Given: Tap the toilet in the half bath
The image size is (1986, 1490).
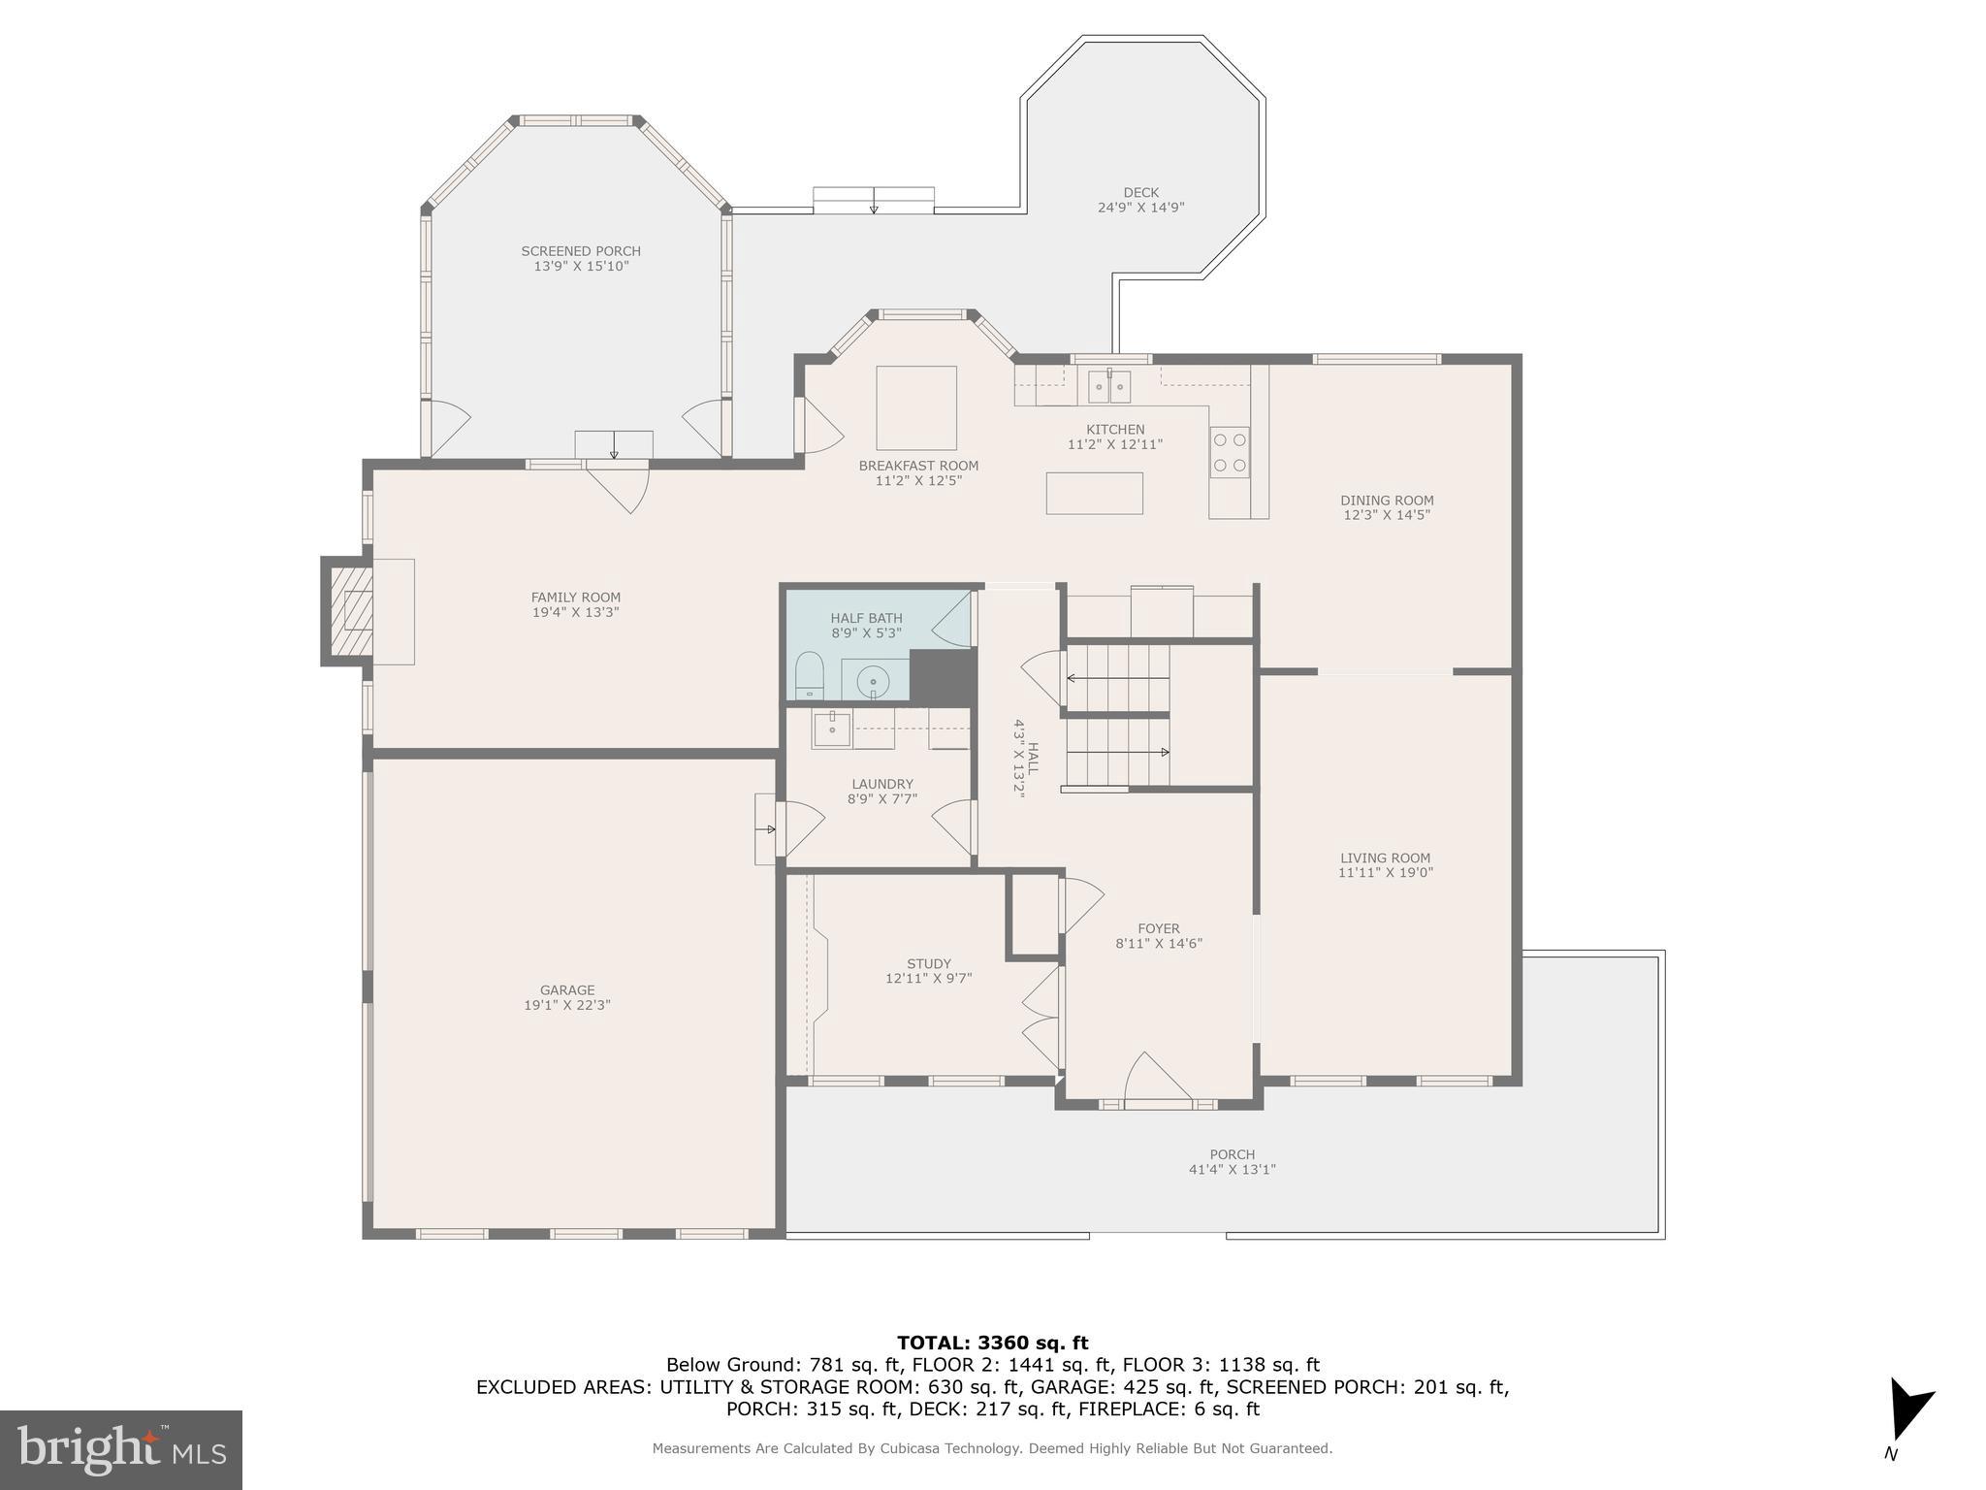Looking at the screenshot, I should coord(809,675).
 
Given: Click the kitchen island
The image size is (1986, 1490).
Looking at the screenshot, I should coord(1094,493).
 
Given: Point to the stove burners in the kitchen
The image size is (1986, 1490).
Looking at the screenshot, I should coord(1230,452).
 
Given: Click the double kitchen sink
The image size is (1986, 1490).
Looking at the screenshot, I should coord(1108,387).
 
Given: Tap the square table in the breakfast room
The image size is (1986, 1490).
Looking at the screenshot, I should coord(916,407).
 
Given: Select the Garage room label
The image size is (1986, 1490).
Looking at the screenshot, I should coord(567,990).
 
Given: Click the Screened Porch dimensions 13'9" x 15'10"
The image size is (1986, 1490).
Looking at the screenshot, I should coord(581,266).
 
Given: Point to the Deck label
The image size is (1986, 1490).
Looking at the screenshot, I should coord(1140,193).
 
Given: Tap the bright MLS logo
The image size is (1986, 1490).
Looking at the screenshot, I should coord(121,1450).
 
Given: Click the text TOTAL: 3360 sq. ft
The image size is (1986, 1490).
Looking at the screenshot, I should coord(992,1344).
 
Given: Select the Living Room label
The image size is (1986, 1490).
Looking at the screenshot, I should coord(1385,858).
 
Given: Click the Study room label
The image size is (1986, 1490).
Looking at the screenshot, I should coord(928,964).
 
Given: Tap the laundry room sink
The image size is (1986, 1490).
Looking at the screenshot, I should coord(831,729).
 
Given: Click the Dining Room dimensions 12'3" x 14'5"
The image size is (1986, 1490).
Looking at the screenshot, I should coord(1387,515).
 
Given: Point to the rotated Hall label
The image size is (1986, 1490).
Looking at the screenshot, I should coord(1033,758).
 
